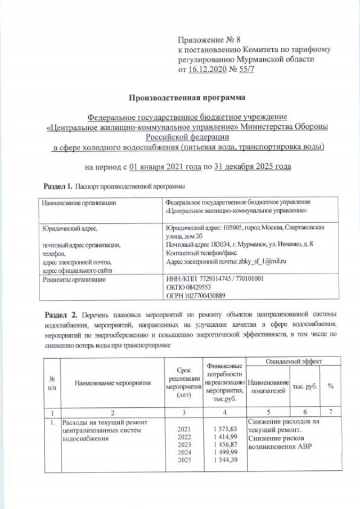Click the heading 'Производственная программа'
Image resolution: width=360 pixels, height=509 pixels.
187,97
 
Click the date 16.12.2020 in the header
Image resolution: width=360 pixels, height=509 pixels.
205,70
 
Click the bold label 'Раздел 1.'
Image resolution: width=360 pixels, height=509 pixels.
58,186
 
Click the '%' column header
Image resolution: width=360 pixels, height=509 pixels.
331,386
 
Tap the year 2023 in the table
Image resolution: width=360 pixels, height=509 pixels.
184,445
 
